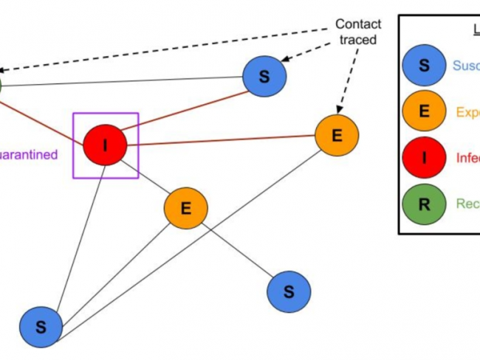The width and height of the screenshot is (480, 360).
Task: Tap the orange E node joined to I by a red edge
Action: point(337,135)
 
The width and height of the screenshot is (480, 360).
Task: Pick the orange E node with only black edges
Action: point(185,208)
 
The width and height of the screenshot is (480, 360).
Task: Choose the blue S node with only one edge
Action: point(289,291)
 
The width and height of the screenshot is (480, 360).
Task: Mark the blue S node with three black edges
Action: point(40,326)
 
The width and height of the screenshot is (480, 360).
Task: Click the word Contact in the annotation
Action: point(358,24)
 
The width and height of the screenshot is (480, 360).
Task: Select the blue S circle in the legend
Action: point(424,65)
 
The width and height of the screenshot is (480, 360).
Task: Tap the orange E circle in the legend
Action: point(424,111)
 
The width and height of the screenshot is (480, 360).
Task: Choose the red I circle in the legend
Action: point(424,158)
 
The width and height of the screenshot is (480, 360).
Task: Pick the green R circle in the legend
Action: point(424,205)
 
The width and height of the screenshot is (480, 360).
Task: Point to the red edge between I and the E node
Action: point(222,140)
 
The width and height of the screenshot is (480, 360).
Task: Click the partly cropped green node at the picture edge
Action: point(1,86)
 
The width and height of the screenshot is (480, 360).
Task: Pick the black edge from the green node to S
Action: point(126,82)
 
